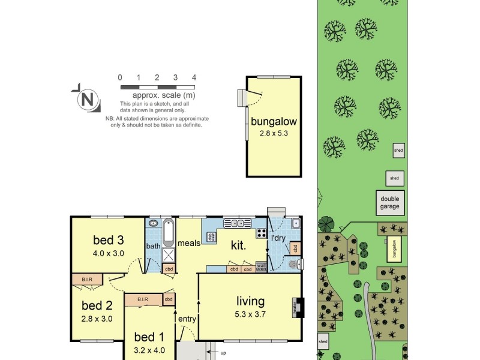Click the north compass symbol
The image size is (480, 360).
[88, 100]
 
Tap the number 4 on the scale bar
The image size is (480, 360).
[194, 77]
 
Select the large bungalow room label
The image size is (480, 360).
[274, 121]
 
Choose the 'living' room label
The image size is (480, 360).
[250, 301]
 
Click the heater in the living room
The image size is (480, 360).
[296, 307]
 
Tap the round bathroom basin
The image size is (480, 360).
[153, 223]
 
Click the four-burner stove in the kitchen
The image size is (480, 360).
[262, 233]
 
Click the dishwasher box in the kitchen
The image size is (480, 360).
[211, 237]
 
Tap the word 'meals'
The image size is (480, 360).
[188, 243]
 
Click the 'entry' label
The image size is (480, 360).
[187, 319]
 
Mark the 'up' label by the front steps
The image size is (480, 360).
[223, 353]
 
